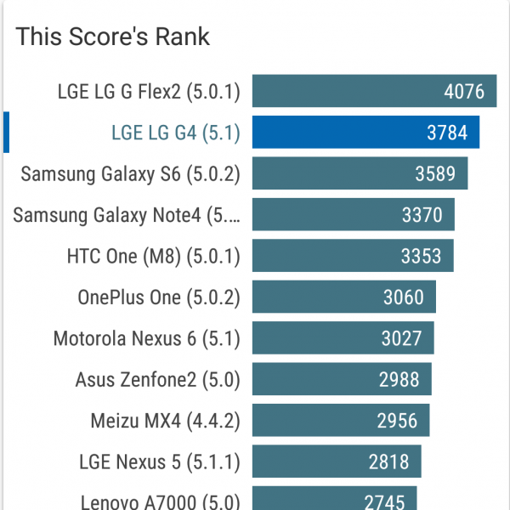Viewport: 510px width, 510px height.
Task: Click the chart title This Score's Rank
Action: pos(113,37)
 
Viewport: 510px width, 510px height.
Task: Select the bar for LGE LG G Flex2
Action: pos(374,91)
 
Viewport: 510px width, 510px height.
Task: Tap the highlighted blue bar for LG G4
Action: pos(365,133)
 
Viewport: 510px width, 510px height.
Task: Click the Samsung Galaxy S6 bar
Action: pos(360,174)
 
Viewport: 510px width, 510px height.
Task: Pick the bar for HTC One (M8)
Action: pos(353,257)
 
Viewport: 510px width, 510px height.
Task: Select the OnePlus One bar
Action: pos(344,297)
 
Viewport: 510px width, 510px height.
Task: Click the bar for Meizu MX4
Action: pos(341,421)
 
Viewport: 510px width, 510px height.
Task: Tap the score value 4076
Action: pos(464,91)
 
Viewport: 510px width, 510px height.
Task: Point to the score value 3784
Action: pos(447,133)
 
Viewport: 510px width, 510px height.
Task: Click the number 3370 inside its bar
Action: pos(422,215)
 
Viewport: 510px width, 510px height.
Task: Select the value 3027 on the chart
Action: pos(402,339)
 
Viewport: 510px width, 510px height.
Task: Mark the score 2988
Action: pos(399,380)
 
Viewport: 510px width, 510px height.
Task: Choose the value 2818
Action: pos(389,462)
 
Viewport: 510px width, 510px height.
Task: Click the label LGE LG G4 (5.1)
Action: pos(176,133)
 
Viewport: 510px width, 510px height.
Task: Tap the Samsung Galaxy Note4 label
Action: pos(127,215)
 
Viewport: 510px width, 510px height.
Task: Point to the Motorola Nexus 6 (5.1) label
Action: pos(147,339)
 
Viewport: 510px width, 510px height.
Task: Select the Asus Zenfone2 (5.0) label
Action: pos(158,380)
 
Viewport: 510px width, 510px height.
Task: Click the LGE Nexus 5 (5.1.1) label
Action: pos(160,462)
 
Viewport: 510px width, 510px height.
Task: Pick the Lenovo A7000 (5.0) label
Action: pos(161,501)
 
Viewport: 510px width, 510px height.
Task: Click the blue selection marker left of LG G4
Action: pos(7,133)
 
